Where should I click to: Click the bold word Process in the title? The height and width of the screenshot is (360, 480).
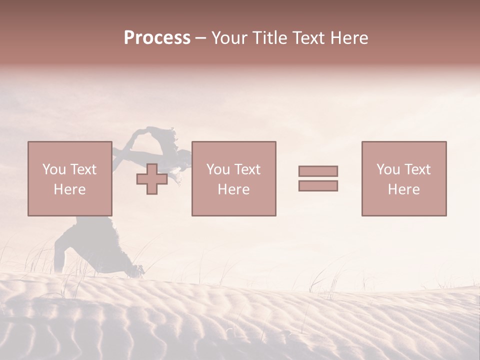point(157,37)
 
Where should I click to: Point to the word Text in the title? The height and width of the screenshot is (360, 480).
point(307,37)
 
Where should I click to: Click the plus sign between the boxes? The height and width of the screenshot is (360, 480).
point(152,179)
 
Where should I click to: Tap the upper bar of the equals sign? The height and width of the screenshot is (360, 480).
point(318,171)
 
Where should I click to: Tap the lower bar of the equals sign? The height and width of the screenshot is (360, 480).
point(318,186)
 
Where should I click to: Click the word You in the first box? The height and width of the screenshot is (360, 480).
point(53,169)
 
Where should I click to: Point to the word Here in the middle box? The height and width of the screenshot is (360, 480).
point(233,189)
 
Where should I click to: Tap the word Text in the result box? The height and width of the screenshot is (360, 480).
point(416,169)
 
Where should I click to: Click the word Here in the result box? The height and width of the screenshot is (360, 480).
point(403,189)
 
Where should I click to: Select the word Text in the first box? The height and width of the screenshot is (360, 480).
point(82,169)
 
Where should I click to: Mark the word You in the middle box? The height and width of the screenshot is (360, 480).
point(217,169)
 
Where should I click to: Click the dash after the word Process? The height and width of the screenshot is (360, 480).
point(201,38)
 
